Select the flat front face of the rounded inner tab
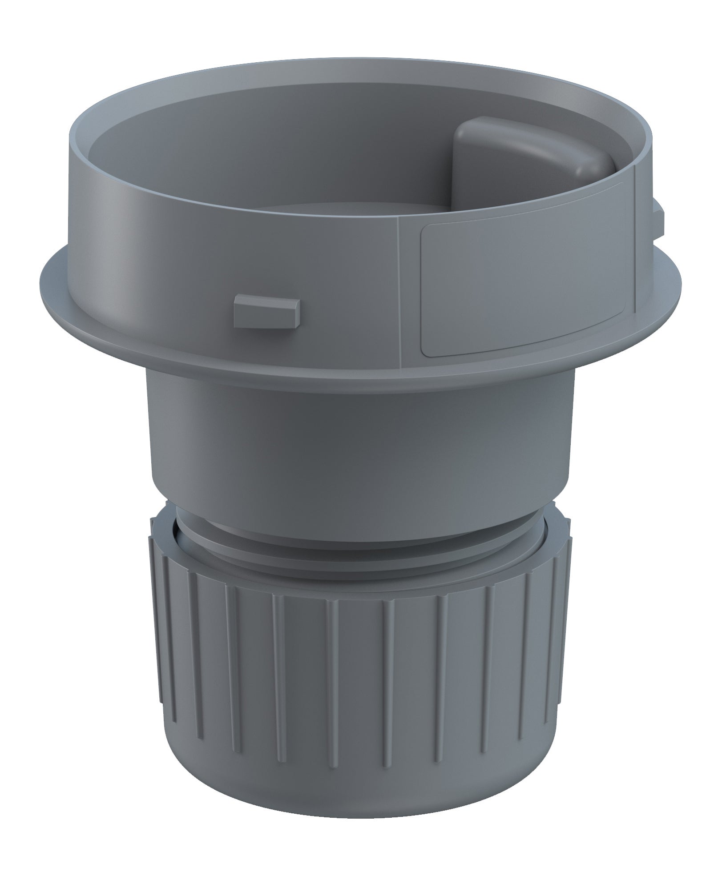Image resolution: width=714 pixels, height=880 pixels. (467, 178)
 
